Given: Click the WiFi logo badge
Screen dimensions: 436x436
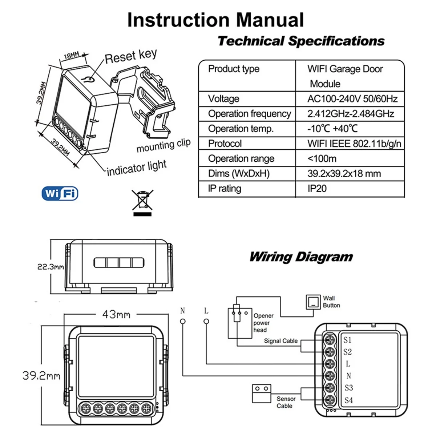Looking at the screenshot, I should click(x=60, y=193).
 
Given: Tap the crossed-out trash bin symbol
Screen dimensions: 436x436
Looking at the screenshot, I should click(x=142, y=201).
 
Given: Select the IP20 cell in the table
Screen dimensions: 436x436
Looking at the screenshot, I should click(x=317, y=189).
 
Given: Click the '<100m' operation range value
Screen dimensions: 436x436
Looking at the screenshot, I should click(x=322, y=159).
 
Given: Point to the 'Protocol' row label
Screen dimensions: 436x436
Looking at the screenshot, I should click(x=225, y=144).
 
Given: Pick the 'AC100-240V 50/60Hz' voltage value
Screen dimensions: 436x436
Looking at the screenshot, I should click(x=352, y=99).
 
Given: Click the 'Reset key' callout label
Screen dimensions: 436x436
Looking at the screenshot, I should click(x=131, y=56).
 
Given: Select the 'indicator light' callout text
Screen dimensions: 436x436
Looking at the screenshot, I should click(x=137, y=168).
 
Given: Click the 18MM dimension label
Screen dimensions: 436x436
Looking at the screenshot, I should click(x=71, y=56).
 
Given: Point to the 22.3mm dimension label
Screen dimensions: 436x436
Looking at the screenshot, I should click(x=51, y=267).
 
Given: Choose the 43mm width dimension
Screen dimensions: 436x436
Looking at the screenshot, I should click(x=116, y=314).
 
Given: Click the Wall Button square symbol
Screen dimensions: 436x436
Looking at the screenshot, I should click(x=312, y=302).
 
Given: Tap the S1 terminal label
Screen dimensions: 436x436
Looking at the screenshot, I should click(x=347, y=340).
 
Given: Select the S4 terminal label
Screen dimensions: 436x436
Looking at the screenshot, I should click(x=348, y=400).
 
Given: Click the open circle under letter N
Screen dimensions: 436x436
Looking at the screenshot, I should click(x=183, y=322).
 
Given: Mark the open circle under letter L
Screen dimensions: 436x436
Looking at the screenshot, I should click(x=206, y=322).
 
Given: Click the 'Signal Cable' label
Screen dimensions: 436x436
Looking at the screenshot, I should click(x=280, y=341).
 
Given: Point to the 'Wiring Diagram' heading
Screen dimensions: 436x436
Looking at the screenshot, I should click(x=301, y=257).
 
